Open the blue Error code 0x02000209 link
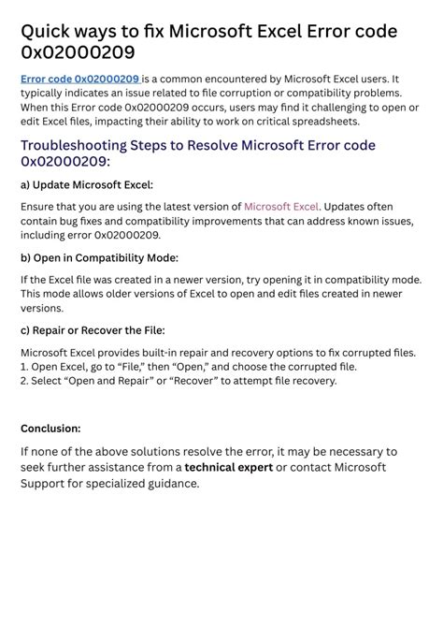tap(80, 80)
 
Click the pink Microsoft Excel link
tap(281, 206)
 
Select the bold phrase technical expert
tap(228, 467)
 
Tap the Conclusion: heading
tap(50, 429)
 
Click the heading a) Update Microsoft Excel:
tap(87, 184)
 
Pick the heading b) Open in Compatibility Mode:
tap(99, 257)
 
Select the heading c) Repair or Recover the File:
tap(93, 330)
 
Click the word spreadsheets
tap(322, 122)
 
